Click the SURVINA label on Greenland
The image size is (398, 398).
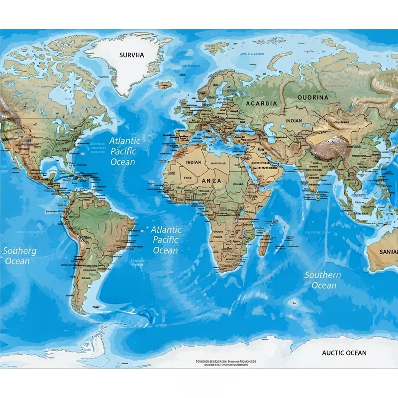131,55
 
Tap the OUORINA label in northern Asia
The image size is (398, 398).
312,97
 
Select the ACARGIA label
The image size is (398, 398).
261,103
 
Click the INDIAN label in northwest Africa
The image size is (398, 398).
194,162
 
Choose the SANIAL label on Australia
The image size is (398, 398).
388,252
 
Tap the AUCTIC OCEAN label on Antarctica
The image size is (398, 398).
344,353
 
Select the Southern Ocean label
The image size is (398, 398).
323,280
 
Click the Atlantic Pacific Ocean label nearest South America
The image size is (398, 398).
166,240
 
